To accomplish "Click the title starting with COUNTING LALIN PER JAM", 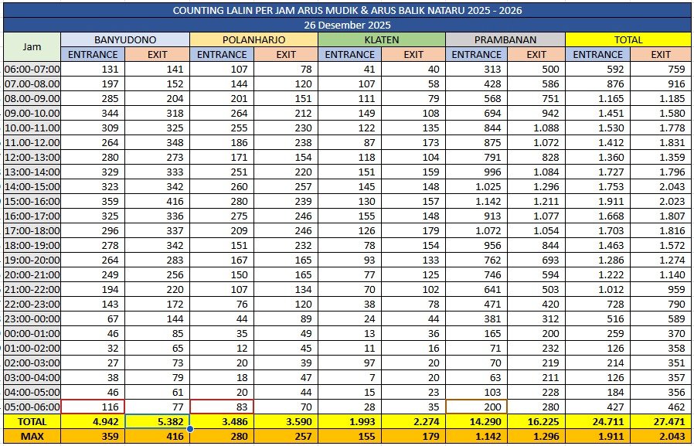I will click(x=346, y=11).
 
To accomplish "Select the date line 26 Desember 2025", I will click(x=346, y=25).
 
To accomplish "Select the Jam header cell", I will click(x=32, y=46).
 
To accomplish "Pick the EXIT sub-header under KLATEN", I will click(x=413, y=54).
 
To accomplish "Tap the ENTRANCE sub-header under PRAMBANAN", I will click(x=476, y=54).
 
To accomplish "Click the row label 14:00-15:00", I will click(x=32, y=186).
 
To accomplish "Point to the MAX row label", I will click(x=32, y=437).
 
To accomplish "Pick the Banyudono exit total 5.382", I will click(x=157, y=422).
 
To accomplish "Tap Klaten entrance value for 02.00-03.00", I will click(x=349, y=363).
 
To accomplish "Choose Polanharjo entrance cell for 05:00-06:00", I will click(x=221, y=407).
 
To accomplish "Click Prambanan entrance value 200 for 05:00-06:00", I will click(x=476, y=407).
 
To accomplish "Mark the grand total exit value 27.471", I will click(x=661, y=422).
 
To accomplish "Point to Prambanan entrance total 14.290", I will click(x=476, y=422).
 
